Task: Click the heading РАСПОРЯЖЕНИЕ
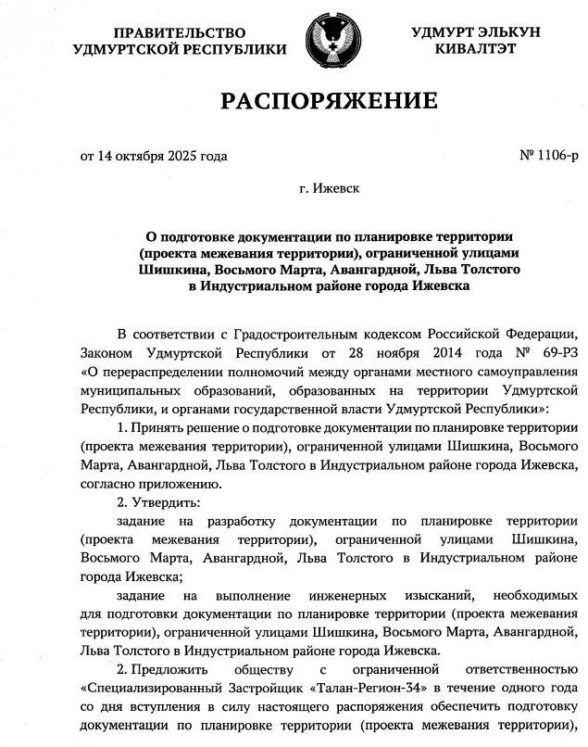(329, 100)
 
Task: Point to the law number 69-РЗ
(553, 353)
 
